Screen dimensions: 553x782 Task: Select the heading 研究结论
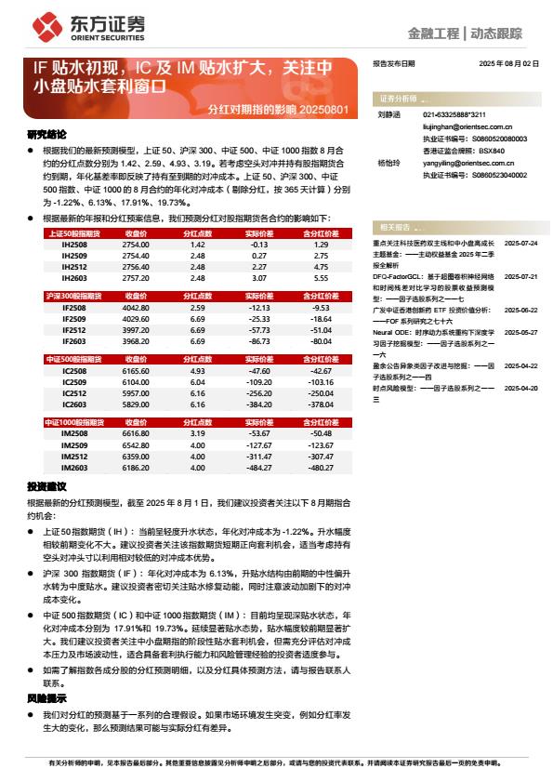click(x=46, y=134)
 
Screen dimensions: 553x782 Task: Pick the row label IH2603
click(x=74, y=278)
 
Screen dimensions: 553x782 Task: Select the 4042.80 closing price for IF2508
click(x=136, y=307)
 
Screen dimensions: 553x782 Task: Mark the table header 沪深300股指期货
click(x=77, y=295)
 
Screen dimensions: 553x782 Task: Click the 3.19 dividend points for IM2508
click(x=197, y=433)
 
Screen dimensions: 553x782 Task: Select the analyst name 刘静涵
click(x=388, y=115)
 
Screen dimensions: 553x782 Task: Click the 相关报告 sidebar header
click(x=394, y=227)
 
